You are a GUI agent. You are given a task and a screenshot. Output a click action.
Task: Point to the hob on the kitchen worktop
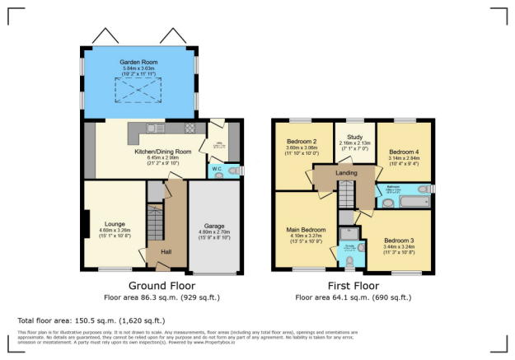[x=190, y=128]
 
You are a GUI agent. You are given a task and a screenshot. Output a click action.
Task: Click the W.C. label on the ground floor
[x=217, y=169]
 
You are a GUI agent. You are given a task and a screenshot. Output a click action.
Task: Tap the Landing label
[x=346, y=172]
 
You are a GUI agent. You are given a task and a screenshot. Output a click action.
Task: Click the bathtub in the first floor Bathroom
[x=405, y=200]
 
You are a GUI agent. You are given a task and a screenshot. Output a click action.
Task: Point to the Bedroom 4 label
[x=404, y=152]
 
